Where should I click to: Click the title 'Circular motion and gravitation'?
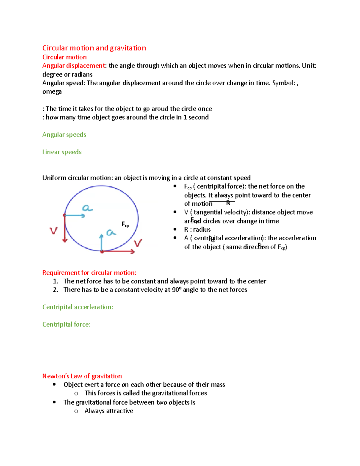tap(94, 48)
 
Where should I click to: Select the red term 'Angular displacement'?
tap(73, 66)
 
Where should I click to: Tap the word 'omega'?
tap(52, 92)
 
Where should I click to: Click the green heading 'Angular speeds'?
tap(64, 135)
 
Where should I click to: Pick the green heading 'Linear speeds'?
tap(62, 152)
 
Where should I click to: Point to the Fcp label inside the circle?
tap(125, 224)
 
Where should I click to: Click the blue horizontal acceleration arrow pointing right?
tap(75, 215)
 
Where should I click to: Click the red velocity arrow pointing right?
tap(118, 251)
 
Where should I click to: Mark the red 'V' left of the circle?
tap(53, 230)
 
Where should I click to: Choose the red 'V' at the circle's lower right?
tap(138, 243)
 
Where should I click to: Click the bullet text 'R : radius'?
tap(197, 230)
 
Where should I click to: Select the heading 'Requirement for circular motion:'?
tap(89, 273)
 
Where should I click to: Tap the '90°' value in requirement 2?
tap(177, 290)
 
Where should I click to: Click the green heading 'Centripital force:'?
tap(66, 324)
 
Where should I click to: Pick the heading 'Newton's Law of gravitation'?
tap(82, 376)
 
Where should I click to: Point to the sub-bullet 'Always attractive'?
tap(109, 411)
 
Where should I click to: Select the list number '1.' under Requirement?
tap(55, 281)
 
